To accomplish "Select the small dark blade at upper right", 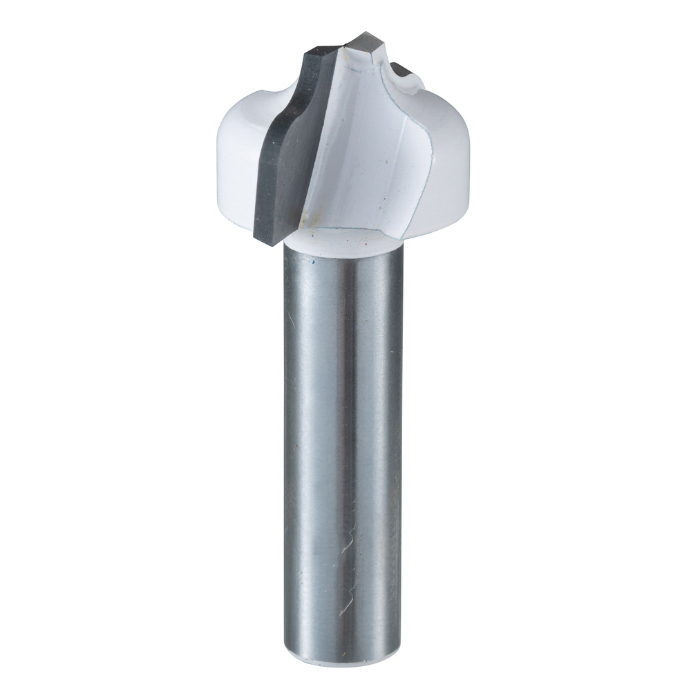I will point(401,69).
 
